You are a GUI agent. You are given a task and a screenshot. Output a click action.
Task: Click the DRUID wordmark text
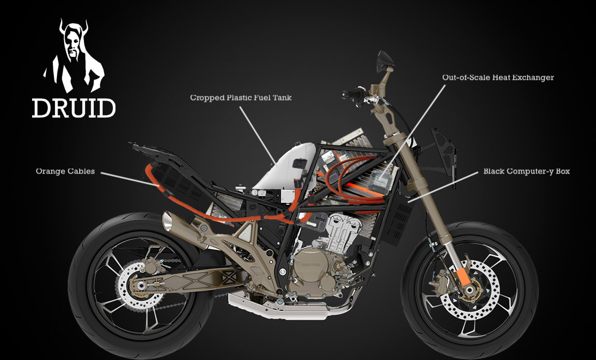click(74, 107)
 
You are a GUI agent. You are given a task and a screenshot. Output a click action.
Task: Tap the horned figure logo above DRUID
click(74, 57)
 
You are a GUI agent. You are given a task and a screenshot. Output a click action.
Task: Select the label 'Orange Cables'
click(65, 171)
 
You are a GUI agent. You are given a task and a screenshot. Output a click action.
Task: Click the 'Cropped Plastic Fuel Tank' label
click(241, 97)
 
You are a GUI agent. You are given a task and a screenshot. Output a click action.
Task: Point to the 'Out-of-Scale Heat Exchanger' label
click(498, 78)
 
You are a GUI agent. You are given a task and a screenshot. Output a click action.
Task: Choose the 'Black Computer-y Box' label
click(526, 171)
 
